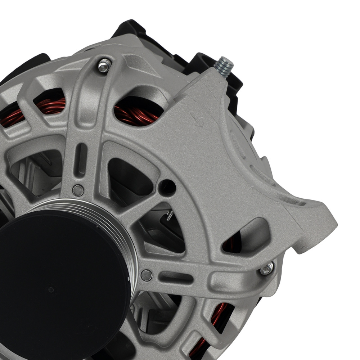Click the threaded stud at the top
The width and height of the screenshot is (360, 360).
tap(224, 67)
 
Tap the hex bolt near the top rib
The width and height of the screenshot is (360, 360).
tap(104, 66)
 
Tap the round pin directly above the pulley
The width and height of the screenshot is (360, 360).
tap(78, 190)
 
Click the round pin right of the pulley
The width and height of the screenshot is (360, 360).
tap(146, 275)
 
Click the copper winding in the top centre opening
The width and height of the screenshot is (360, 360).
tap(137, 113)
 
